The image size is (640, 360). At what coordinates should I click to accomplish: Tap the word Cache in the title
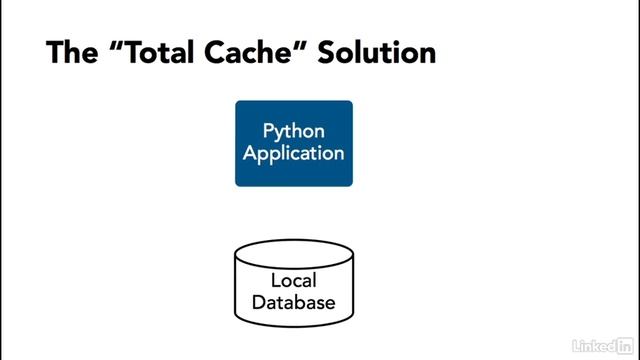click(254, 53)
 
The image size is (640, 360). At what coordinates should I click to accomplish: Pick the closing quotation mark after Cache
click(304, 45)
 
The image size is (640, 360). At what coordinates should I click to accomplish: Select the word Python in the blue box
click(294, 131)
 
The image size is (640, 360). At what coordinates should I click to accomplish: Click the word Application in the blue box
click(294, 153)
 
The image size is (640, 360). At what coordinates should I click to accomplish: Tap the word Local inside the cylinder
click(294, 280)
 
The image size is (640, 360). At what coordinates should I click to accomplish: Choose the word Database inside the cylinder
click(294, 302)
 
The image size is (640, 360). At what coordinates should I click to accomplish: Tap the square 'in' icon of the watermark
click(621, 344)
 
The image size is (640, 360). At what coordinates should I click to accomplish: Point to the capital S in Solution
click(327, 53)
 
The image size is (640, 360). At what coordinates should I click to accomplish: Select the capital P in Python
click(268, 131)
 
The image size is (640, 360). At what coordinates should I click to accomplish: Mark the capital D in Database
click(258, 302)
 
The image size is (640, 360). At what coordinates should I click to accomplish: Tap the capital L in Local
click(275, 280)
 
